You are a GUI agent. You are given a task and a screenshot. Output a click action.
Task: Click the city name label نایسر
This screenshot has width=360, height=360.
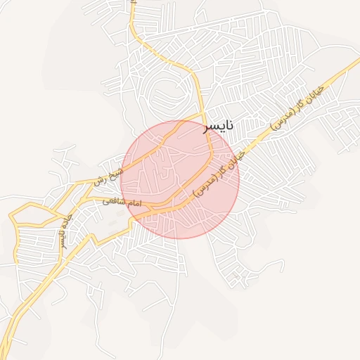tap(217, 127)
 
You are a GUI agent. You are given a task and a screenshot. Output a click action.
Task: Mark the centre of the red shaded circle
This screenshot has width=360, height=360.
tap(180, 179)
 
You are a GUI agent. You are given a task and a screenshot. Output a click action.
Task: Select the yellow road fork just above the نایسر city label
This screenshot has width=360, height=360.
tap(203, 113)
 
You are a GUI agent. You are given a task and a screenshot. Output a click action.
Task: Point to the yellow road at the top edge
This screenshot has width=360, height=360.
tap(131, 4)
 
